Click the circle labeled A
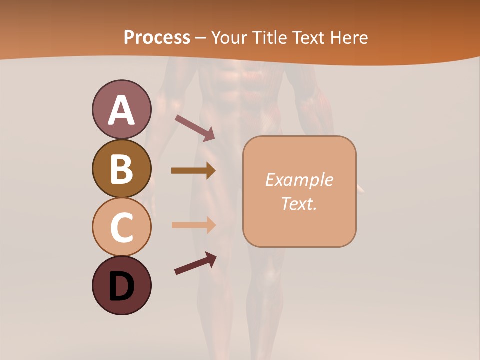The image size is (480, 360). coord(121,109)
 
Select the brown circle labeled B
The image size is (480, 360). coord(121,168)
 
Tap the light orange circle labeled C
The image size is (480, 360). coord(121,227)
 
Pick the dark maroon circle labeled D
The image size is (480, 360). coord(121,285)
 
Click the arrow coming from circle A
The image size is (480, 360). coord(194,128)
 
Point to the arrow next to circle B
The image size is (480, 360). coord(193,171)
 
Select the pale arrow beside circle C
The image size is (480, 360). coord(193,225)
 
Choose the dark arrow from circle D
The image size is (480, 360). coord(195,263)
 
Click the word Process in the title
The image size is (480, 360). coord(157,37)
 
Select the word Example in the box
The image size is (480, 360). coord(299,180)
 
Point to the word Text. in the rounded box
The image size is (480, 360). coord(299,203)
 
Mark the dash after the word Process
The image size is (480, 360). coord(201,38)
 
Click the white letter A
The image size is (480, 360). coord(121,110)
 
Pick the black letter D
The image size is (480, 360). coord(121,286)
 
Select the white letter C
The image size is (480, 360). coord(121,227)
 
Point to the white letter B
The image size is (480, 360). coord(121,169)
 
